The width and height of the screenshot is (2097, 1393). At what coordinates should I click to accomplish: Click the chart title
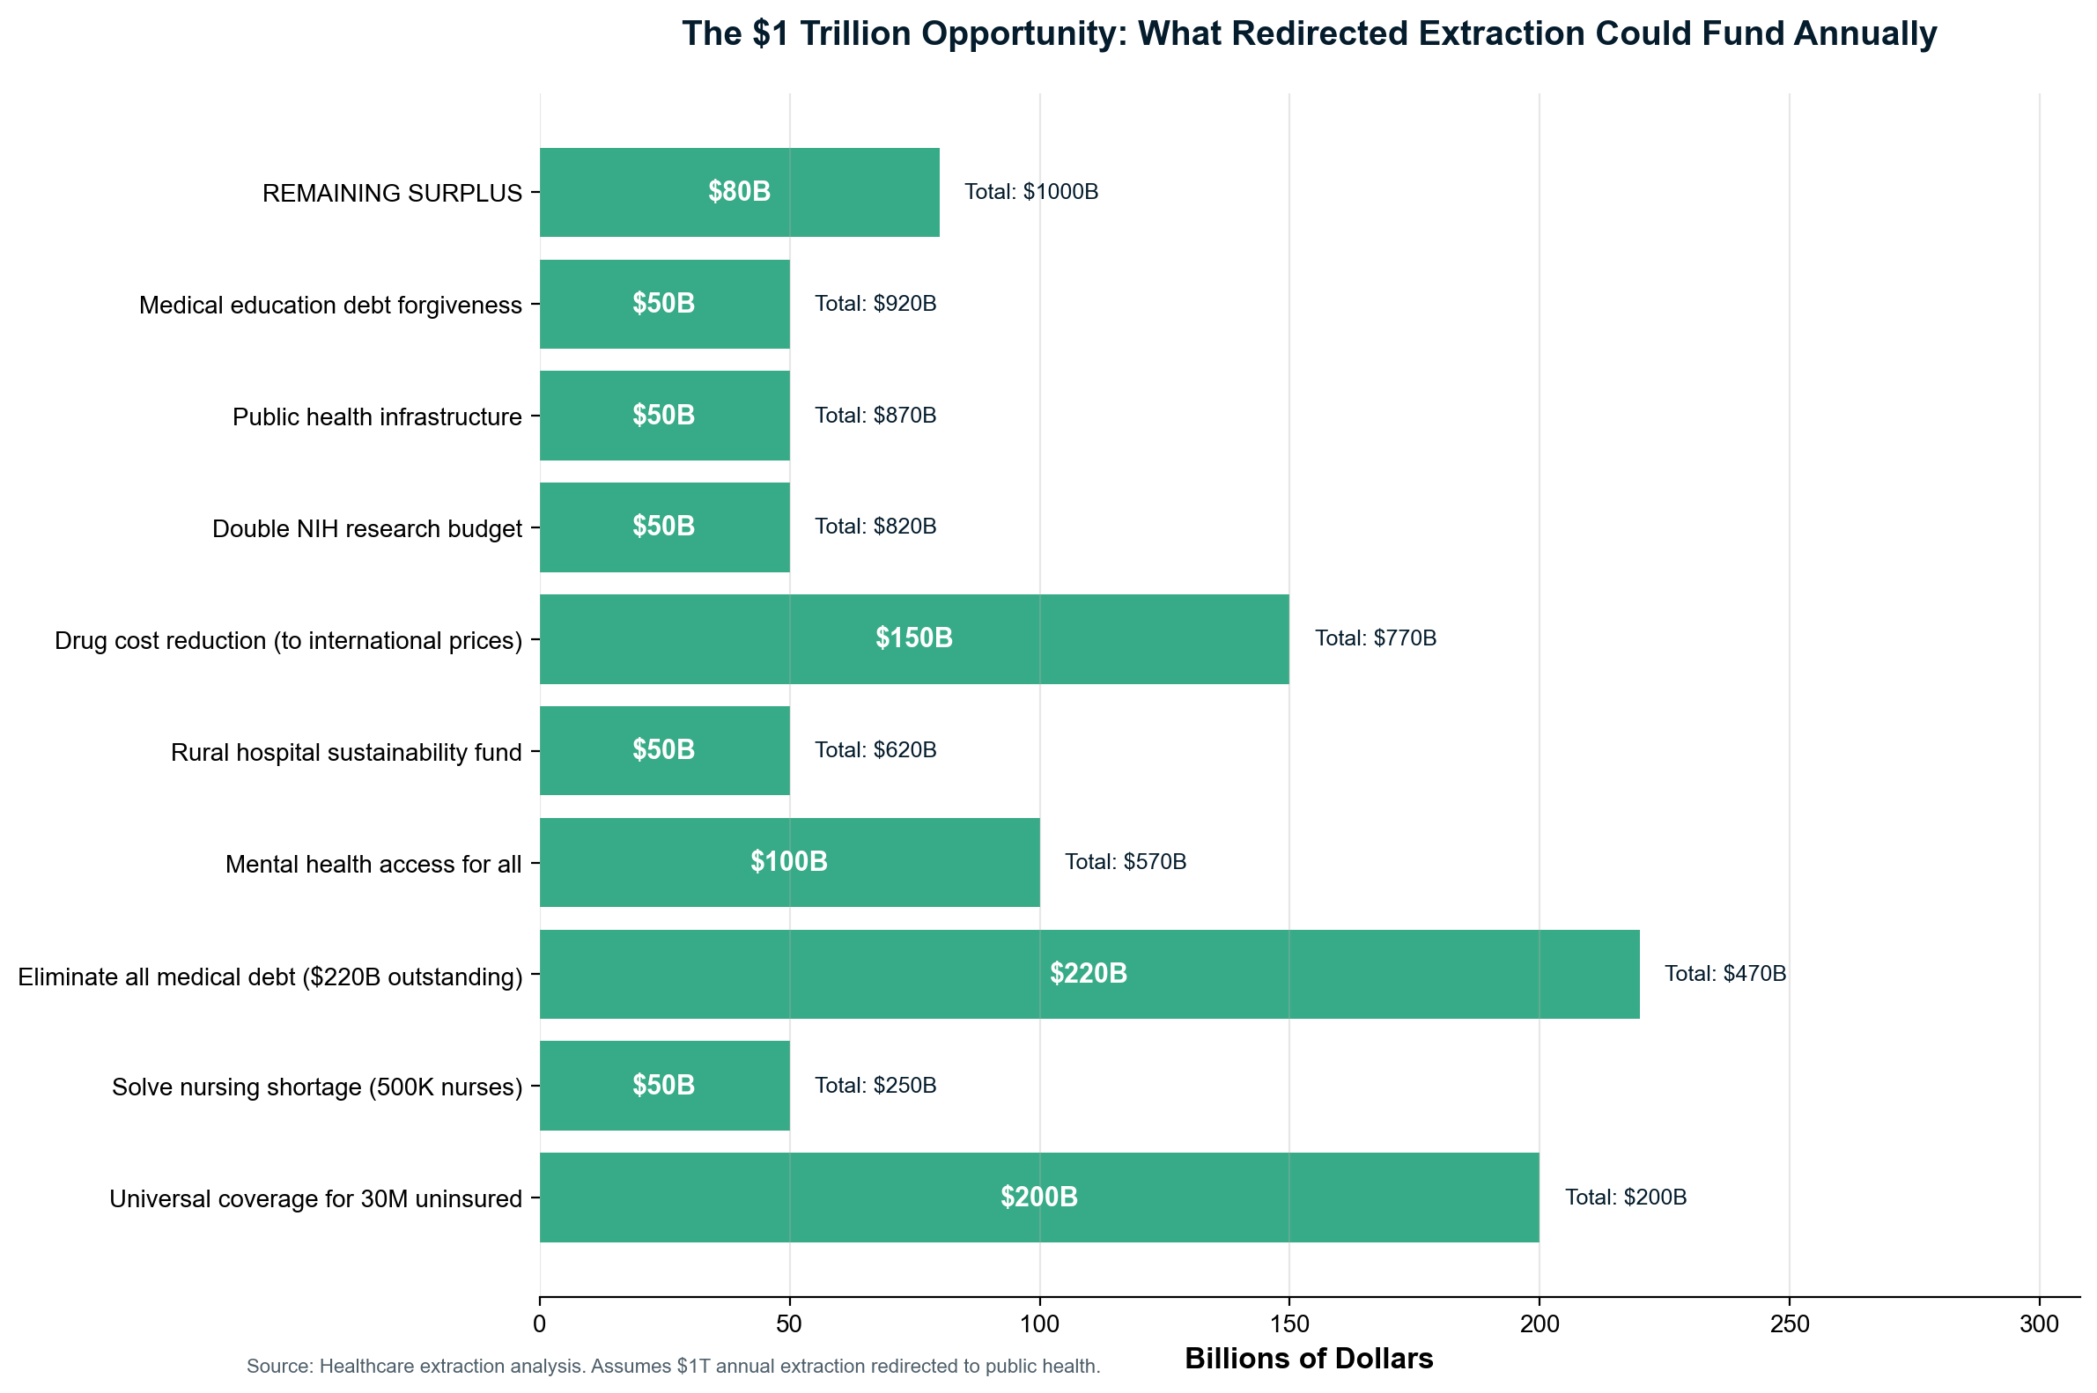point(1309,33)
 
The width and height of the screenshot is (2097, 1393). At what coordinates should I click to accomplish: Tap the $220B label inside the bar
point(1088,974)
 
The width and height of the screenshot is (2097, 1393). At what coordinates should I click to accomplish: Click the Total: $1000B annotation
point(1030,192)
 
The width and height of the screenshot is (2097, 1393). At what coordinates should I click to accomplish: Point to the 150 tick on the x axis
point(1288,1324)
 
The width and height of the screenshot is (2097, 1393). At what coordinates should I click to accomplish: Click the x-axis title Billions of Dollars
point(1309,1359)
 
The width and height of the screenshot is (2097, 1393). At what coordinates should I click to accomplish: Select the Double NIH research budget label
point(366,529)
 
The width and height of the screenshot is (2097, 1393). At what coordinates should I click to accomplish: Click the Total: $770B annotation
point(1375,638)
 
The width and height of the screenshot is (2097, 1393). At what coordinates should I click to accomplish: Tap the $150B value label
point(913,638)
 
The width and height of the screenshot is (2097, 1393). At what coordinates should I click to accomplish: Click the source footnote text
point(673,1367)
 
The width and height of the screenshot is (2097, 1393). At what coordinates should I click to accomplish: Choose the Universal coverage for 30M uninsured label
point(315,1199)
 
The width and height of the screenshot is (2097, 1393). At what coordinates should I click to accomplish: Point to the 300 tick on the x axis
point(2038,1324)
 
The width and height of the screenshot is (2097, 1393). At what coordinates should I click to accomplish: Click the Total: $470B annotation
point(1724,974)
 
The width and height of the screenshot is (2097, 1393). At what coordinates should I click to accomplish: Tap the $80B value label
point(738,192)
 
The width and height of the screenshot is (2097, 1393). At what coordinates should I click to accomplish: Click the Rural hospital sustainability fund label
point(345,753)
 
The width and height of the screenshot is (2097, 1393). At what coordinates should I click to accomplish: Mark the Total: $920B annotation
point(875,304)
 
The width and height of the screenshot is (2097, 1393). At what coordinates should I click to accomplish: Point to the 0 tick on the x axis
point(539,1324)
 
